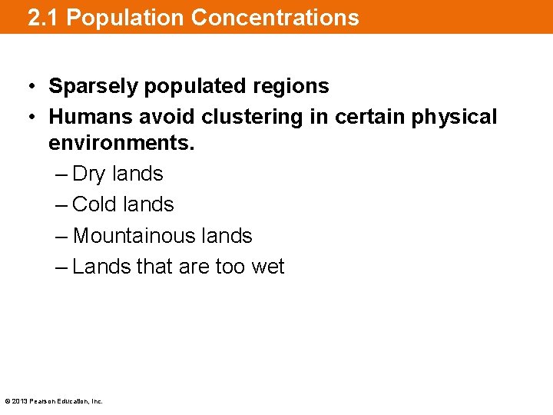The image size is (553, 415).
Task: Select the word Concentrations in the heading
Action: point(275,18)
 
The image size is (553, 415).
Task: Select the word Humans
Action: point(90,117)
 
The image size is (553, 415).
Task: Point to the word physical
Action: point(455,117)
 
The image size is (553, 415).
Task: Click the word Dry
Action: point(88,174)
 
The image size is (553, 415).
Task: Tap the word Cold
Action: point(94,204)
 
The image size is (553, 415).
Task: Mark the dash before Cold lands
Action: point(62,204)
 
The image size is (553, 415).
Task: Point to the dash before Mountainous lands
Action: point(62,235)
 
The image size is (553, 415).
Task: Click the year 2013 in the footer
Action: point(20,401)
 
